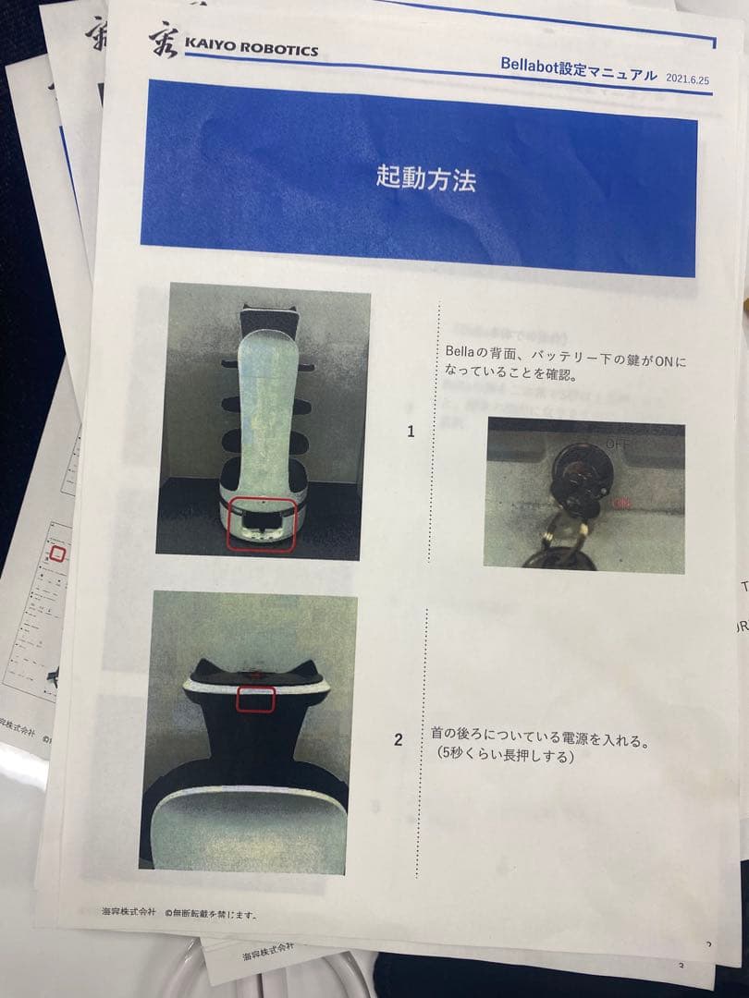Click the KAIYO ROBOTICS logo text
point(251,47)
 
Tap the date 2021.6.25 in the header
point(688,79)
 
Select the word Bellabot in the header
point(532,66)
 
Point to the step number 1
point(411,432)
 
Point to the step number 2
point(398,740)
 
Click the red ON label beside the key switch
point(621,503)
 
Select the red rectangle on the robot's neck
point(256,700)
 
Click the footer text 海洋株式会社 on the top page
point(128,910)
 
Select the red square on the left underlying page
point(57,554)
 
